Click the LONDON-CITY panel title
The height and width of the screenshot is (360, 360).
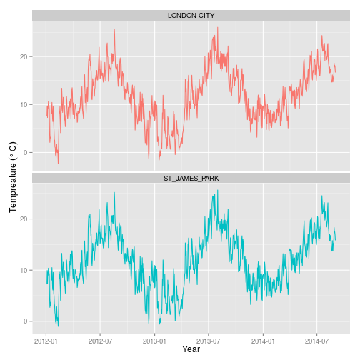pyautogui.click(x=191, y=15)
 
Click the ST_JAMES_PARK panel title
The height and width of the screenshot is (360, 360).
pyautogui.click(x=191, y=177)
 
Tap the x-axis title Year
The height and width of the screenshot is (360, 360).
pyautogui.click(x=191, y=349)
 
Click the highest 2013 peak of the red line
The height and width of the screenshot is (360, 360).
pyautogui.click(x=218, y=28)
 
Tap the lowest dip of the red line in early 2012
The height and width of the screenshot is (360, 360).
pyautogui.click(x=58, y=164)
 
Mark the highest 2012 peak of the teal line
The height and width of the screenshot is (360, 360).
pyautogui.click(x=114, y=192)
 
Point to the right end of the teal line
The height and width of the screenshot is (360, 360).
pyautogui.click(x=335, y=238)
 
